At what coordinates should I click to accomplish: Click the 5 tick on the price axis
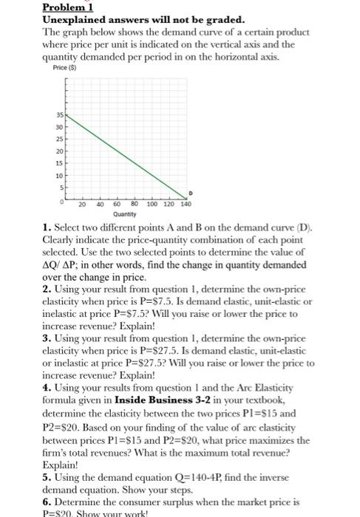click(x=63, y=187)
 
